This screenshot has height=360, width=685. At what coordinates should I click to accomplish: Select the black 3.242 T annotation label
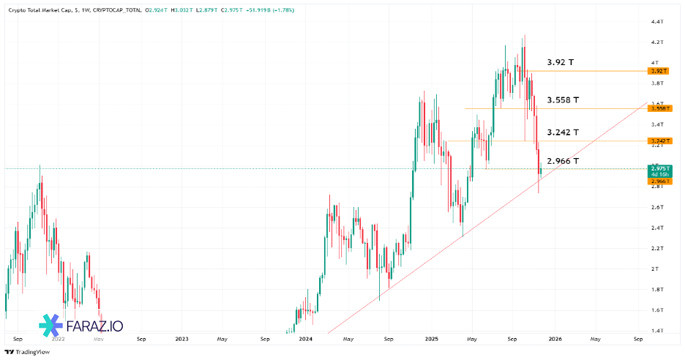563,132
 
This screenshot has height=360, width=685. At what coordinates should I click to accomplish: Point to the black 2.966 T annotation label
563,160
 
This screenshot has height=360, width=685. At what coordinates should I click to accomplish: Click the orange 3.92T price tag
659,71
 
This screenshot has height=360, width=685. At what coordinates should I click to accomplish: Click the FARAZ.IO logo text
85,324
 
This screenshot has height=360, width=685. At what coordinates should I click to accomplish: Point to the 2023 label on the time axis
181,340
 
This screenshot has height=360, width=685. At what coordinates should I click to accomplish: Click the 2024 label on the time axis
306,340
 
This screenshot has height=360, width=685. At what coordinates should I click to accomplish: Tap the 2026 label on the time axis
555,340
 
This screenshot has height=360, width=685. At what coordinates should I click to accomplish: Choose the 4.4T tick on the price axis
656,22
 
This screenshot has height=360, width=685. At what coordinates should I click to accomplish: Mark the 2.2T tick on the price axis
656,249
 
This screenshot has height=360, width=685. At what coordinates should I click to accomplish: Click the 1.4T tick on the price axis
656,331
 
